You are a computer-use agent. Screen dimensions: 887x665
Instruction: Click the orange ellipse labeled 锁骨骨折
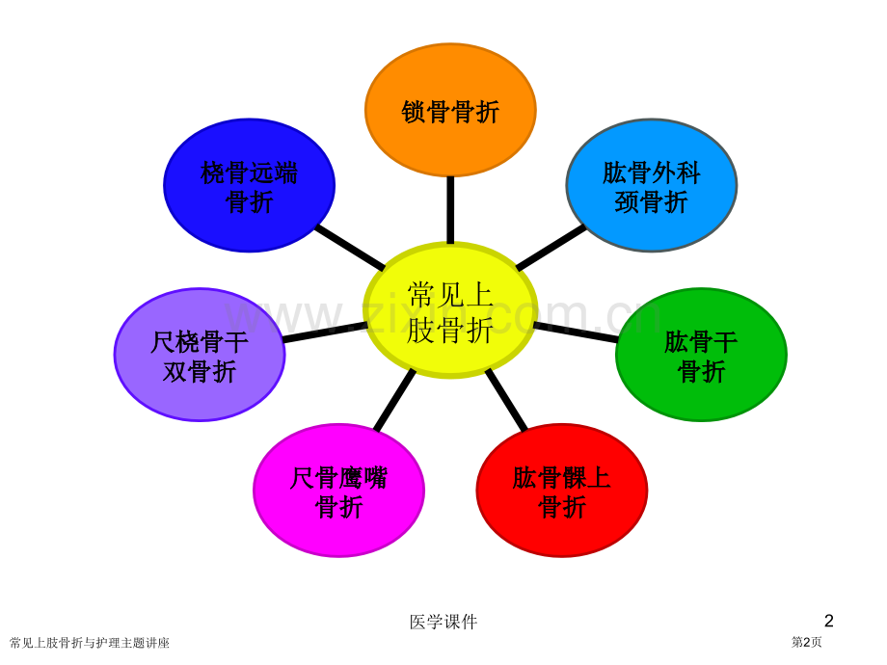click(x=450, y=110)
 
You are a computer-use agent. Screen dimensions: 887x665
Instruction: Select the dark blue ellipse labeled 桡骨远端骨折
click(x=250, y=185)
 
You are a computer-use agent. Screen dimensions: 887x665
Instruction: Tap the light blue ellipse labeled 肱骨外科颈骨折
click(x=652, y=185)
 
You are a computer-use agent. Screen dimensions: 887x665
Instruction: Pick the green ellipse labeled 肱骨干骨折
click(x=702, y=355)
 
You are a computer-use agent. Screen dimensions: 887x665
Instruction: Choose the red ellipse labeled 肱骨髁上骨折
click(x=562, y=491)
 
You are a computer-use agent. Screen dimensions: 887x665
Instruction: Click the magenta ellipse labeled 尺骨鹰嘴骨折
click(x=338, y=491)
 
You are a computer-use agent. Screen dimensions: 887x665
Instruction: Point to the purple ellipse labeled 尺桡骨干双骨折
click(x=200, y=355)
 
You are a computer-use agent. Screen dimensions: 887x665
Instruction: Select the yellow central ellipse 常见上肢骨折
click(x=450, y=310)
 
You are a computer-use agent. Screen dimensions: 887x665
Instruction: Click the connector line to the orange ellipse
click(x=450, y=210)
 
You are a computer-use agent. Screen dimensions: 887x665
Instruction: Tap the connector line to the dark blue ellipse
click(x=350, y=247)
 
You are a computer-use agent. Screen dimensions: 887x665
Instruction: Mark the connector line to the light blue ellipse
click(x=551, y=247)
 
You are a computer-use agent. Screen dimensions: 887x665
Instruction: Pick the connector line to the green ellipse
click(x=576, y=332)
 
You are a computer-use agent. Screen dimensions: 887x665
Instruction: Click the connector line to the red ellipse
click(x=506, y=400)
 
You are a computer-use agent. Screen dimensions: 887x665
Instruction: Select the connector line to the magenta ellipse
click(x=395, y=400)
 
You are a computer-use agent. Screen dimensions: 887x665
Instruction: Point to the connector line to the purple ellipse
click(x=325, y=332)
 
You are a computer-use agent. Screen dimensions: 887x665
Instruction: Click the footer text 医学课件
click(x=443, y=622)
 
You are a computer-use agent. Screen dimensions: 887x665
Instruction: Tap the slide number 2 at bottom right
click(x=829, y=621)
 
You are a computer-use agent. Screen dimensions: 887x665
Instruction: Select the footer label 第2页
click(x=806, y=642)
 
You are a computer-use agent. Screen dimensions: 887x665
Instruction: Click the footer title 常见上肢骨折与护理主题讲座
click(x=90, y=643)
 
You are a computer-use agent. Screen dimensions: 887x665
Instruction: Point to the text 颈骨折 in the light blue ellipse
click(x=651, y=202)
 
